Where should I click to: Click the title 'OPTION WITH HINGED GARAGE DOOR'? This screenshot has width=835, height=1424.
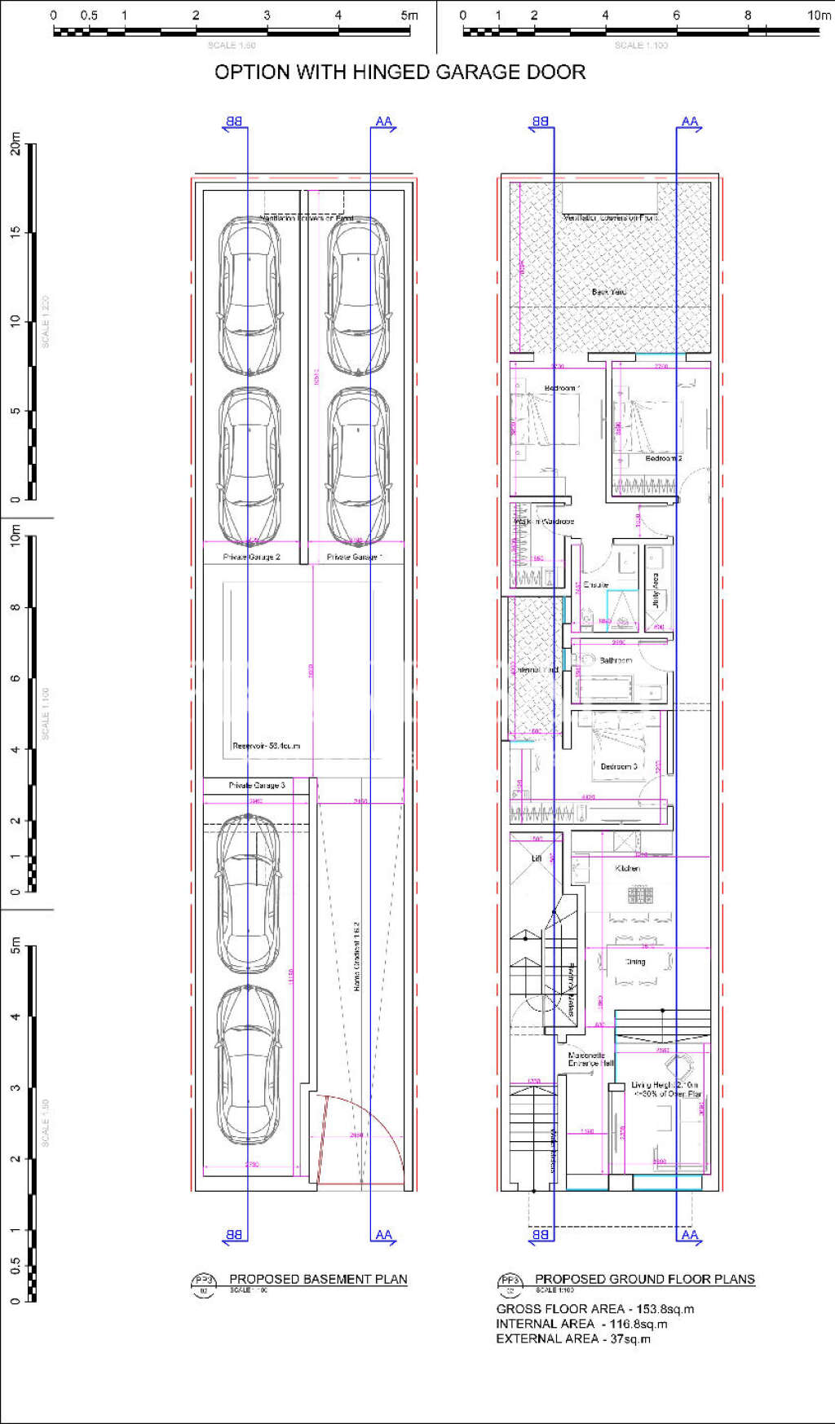point(400,73)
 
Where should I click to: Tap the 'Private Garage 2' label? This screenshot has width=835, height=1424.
point(252,557)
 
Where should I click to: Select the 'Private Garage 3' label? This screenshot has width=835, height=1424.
point(257,786)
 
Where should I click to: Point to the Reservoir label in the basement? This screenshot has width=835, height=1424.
point(266,746)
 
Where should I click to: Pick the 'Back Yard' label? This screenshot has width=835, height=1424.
point(608,291)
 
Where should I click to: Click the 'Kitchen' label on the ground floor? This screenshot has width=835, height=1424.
point(628,869)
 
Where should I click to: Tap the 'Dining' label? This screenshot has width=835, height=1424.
point(635,962)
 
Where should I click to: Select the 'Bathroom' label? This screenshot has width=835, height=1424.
point(616,660)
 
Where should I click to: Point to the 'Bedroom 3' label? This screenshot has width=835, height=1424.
point(619,766)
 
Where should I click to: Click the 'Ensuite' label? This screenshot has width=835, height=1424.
point(596,584)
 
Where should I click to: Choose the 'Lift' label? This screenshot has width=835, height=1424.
point(537,858)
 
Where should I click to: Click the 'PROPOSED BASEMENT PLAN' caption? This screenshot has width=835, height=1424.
point(318,1279)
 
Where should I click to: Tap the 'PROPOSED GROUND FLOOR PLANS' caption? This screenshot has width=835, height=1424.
point(644,1279)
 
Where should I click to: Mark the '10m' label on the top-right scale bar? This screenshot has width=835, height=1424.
point(819,15)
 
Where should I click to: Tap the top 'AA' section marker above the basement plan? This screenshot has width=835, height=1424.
point(383,121)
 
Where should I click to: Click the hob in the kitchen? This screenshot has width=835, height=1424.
point(640,895)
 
